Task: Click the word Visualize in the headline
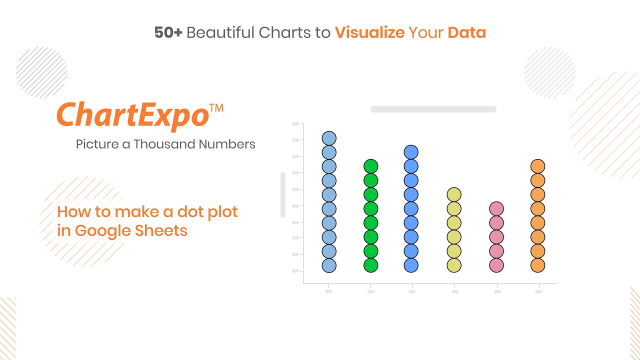tap(369, 33)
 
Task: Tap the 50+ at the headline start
tap(168, 33)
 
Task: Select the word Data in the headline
tap(466, 33)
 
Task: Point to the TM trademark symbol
tap(216, 107)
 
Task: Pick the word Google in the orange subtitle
tap(103, 230)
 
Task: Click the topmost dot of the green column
tap(370, 166)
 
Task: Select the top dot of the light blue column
tap(329, 138)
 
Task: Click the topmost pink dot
tap(496, 208)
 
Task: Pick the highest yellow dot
tap(454, 194)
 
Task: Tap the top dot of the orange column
tap(537, 166)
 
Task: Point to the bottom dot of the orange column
tap(537, 265)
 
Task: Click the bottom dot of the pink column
tap(496, 265)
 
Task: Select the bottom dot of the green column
tap(370, 265)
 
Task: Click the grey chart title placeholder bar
tap(433, 109)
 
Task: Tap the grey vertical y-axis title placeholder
tap(283, 195)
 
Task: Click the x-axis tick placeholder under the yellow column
tap(454, 291)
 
